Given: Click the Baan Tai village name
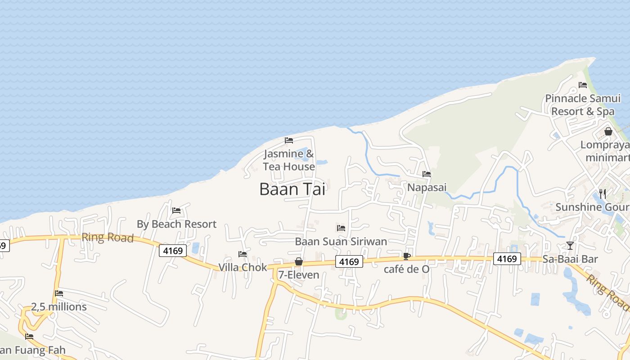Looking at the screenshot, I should pos(292,189).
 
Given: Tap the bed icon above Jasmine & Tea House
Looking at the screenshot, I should pos(289,140).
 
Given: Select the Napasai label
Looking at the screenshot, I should pos(427,187).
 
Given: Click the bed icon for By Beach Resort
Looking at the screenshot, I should pos(176,211).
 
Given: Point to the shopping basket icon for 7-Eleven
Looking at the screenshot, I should pos(298,261).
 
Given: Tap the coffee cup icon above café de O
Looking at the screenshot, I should pos(407,256).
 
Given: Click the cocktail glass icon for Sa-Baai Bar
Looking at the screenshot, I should pos(570,245).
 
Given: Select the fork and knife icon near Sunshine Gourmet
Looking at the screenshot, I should pos(603,193).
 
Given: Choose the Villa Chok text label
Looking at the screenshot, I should pos(243,267).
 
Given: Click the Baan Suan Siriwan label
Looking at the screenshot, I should pos(341,241).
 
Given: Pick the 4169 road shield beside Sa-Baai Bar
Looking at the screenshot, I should pos(507,259).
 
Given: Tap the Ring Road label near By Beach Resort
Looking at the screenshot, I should pos(108,237).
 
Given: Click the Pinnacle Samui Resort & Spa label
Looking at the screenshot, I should pos(583,104).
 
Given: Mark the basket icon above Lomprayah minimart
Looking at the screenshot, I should pos(608,131).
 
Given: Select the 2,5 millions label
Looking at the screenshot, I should pos(59,307).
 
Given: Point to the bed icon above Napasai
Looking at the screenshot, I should pos(427,174).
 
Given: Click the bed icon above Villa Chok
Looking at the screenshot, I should pos(243,254).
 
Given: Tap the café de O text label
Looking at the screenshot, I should pos(406,269).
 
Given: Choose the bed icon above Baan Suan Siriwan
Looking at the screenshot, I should pos(341,228).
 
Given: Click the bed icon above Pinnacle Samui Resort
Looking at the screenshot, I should pos(583,85).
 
